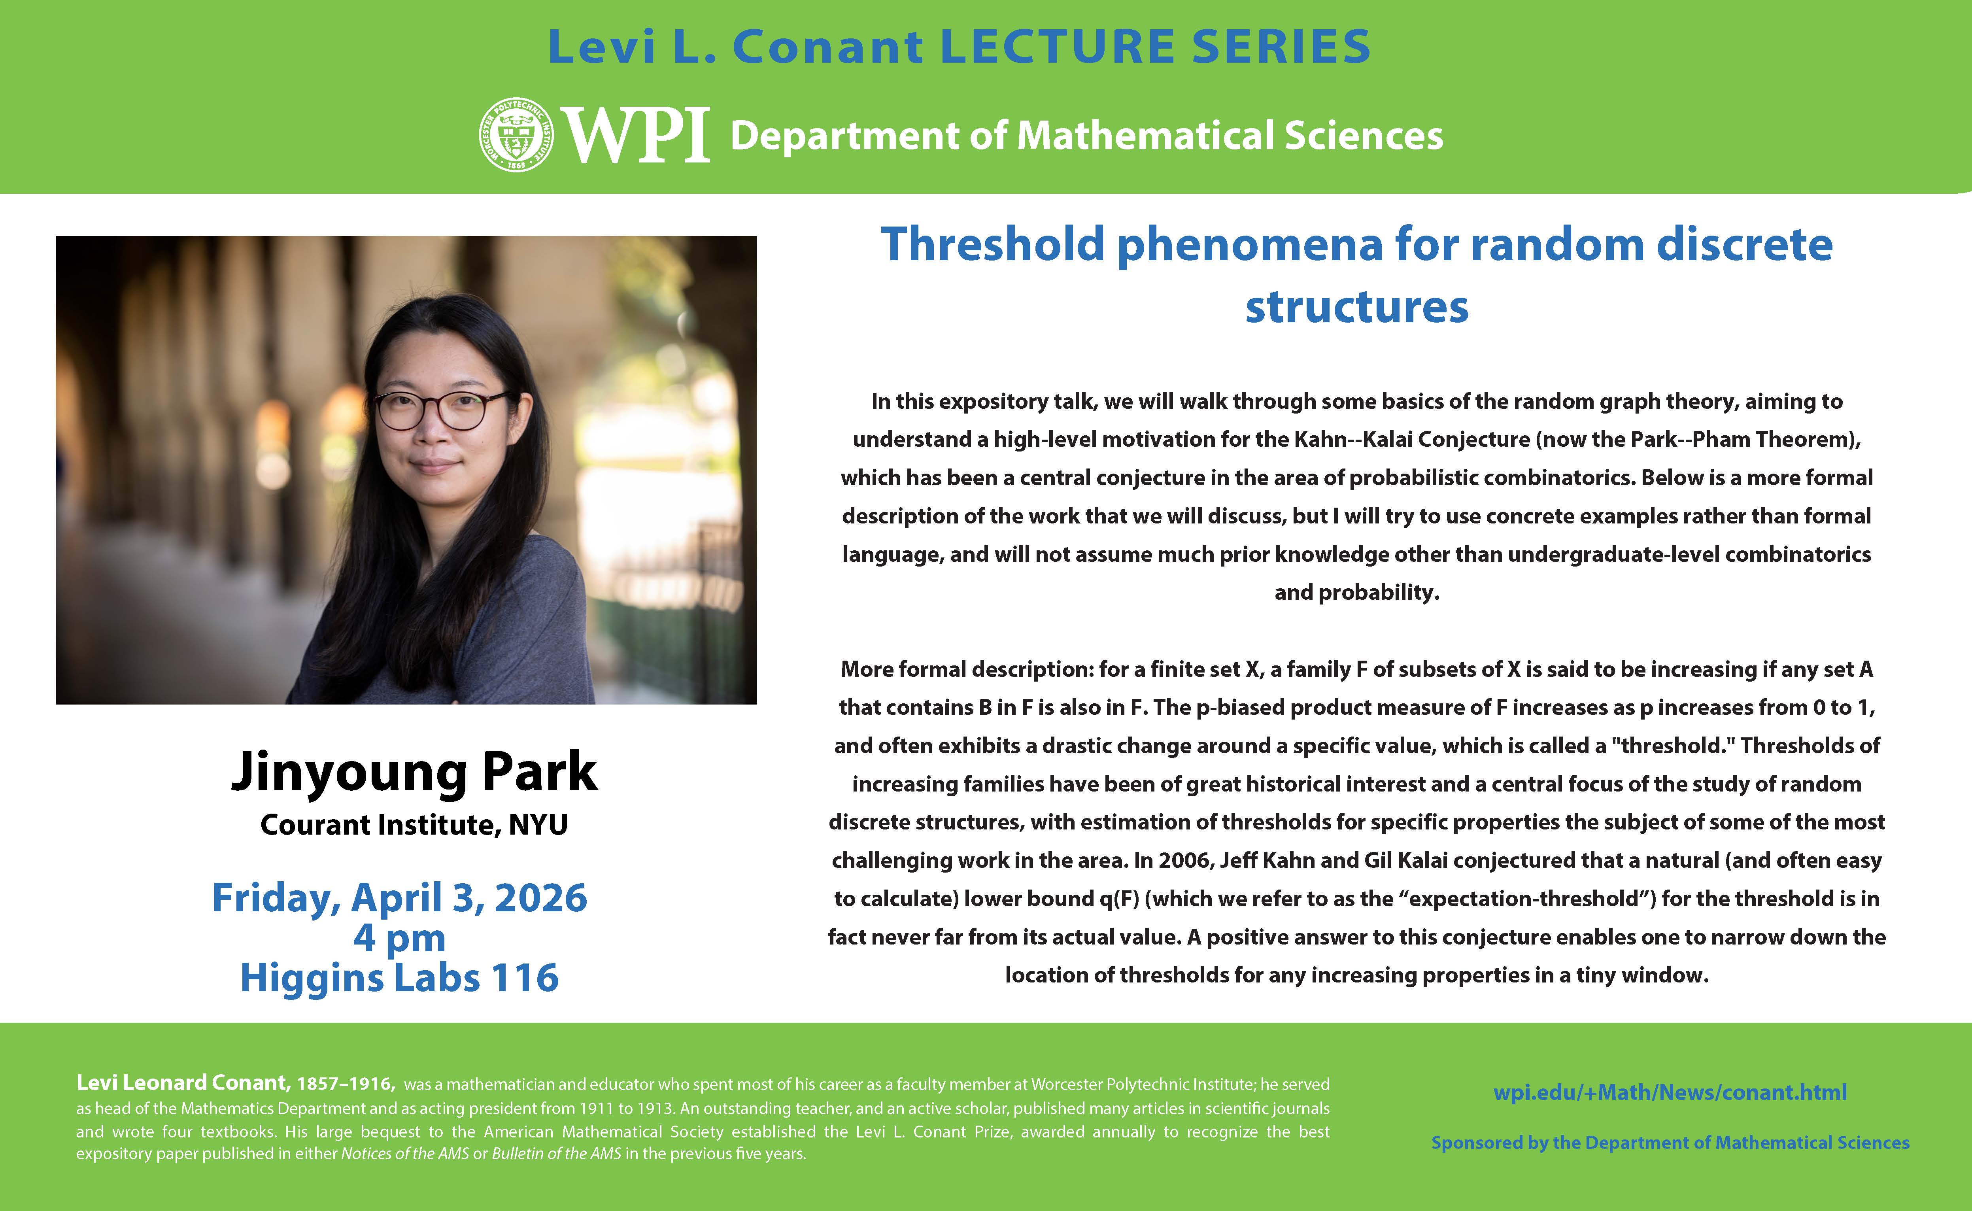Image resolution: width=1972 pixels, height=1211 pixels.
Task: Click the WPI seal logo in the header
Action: tap(516, 134)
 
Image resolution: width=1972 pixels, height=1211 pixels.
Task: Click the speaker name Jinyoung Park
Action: tap(414, 771)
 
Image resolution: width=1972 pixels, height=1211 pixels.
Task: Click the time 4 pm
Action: tap(400, 938)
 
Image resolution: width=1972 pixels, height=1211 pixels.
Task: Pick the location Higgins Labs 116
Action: tap(400, 978)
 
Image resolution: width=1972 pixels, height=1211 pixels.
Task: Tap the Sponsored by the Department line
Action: tap(1670, 1143)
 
